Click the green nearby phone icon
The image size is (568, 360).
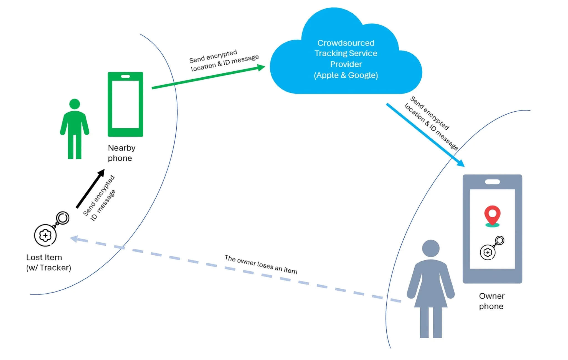[125, 104]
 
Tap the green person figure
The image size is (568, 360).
[75, 129]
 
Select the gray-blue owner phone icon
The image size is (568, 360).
[492, 229]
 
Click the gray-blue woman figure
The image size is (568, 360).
[430, 289]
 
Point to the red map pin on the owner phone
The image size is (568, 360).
[492, 216]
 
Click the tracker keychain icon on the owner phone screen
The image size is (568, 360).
[492, 248]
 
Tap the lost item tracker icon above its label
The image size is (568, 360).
[52, 229]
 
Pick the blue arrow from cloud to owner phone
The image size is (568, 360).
[425, 135]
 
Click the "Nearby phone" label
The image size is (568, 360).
[121, 153]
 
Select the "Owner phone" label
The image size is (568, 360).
[492, 301]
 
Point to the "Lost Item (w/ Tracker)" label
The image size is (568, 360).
[49, 262]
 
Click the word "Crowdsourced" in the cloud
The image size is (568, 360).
[346, 43]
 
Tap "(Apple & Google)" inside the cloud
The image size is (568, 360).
[346, 75]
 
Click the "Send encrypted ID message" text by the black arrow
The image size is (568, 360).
[99, 198]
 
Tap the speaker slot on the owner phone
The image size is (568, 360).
[492, 182]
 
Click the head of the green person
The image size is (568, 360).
[75, 104]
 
